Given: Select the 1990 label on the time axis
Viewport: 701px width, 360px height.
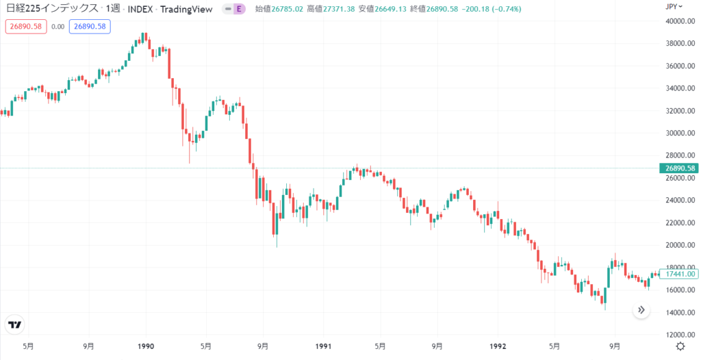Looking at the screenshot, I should pyautogui.click(x=146, y=346).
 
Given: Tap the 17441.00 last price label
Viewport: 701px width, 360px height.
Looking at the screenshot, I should pyautogui.click(x=678, y=273).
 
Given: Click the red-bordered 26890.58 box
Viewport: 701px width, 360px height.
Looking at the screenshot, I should pyautogui.click(x=25, y=27).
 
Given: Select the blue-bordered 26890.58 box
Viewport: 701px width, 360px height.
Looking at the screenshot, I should pyautogui.click(x=90, y=27).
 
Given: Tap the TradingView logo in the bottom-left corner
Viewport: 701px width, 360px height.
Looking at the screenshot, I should pyautogui.click(x=14, y=324).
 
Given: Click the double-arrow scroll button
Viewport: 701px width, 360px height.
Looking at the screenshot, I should pyautogui.click(x=641, y=310).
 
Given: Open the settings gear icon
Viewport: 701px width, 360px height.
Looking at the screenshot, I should pyautogui.click(x=680, y=346).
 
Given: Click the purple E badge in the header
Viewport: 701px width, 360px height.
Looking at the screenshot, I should pyautogui.click(x=239, y=9).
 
